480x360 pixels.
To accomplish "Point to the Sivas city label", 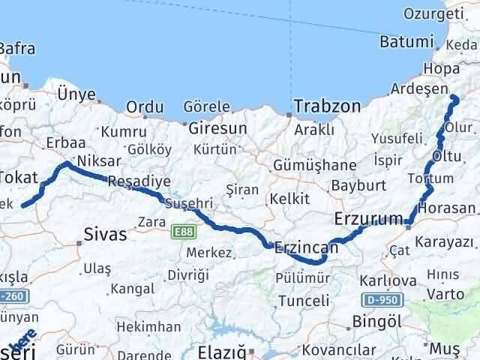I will pos(105,233).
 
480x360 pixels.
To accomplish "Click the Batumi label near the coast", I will pos(407,41).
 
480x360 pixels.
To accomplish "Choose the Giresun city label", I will pos(217,128).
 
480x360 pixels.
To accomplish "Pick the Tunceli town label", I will pos(303,301).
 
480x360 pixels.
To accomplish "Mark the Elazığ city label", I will pos(221,351).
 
